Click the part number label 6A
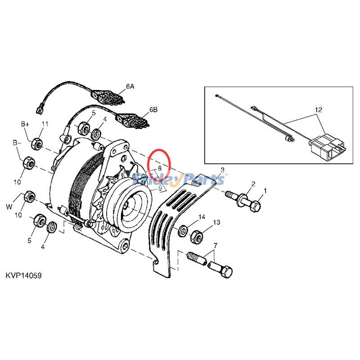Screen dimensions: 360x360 point(130,86)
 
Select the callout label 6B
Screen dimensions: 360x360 point(153,109)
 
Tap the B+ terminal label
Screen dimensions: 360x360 point(25,123)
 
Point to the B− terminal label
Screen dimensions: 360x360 point(17,143)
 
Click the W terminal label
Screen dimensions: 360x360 point(9,207)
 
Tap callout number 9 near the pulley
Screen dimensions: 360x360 point(159,182)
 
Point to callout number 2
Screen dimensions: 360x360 point(253,184)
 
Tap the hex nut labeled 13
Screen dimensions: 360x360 point(197,235)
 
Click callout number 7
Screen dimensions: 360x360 point(216,245)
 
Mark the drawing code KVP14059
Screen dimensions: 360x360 point(24,275)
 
